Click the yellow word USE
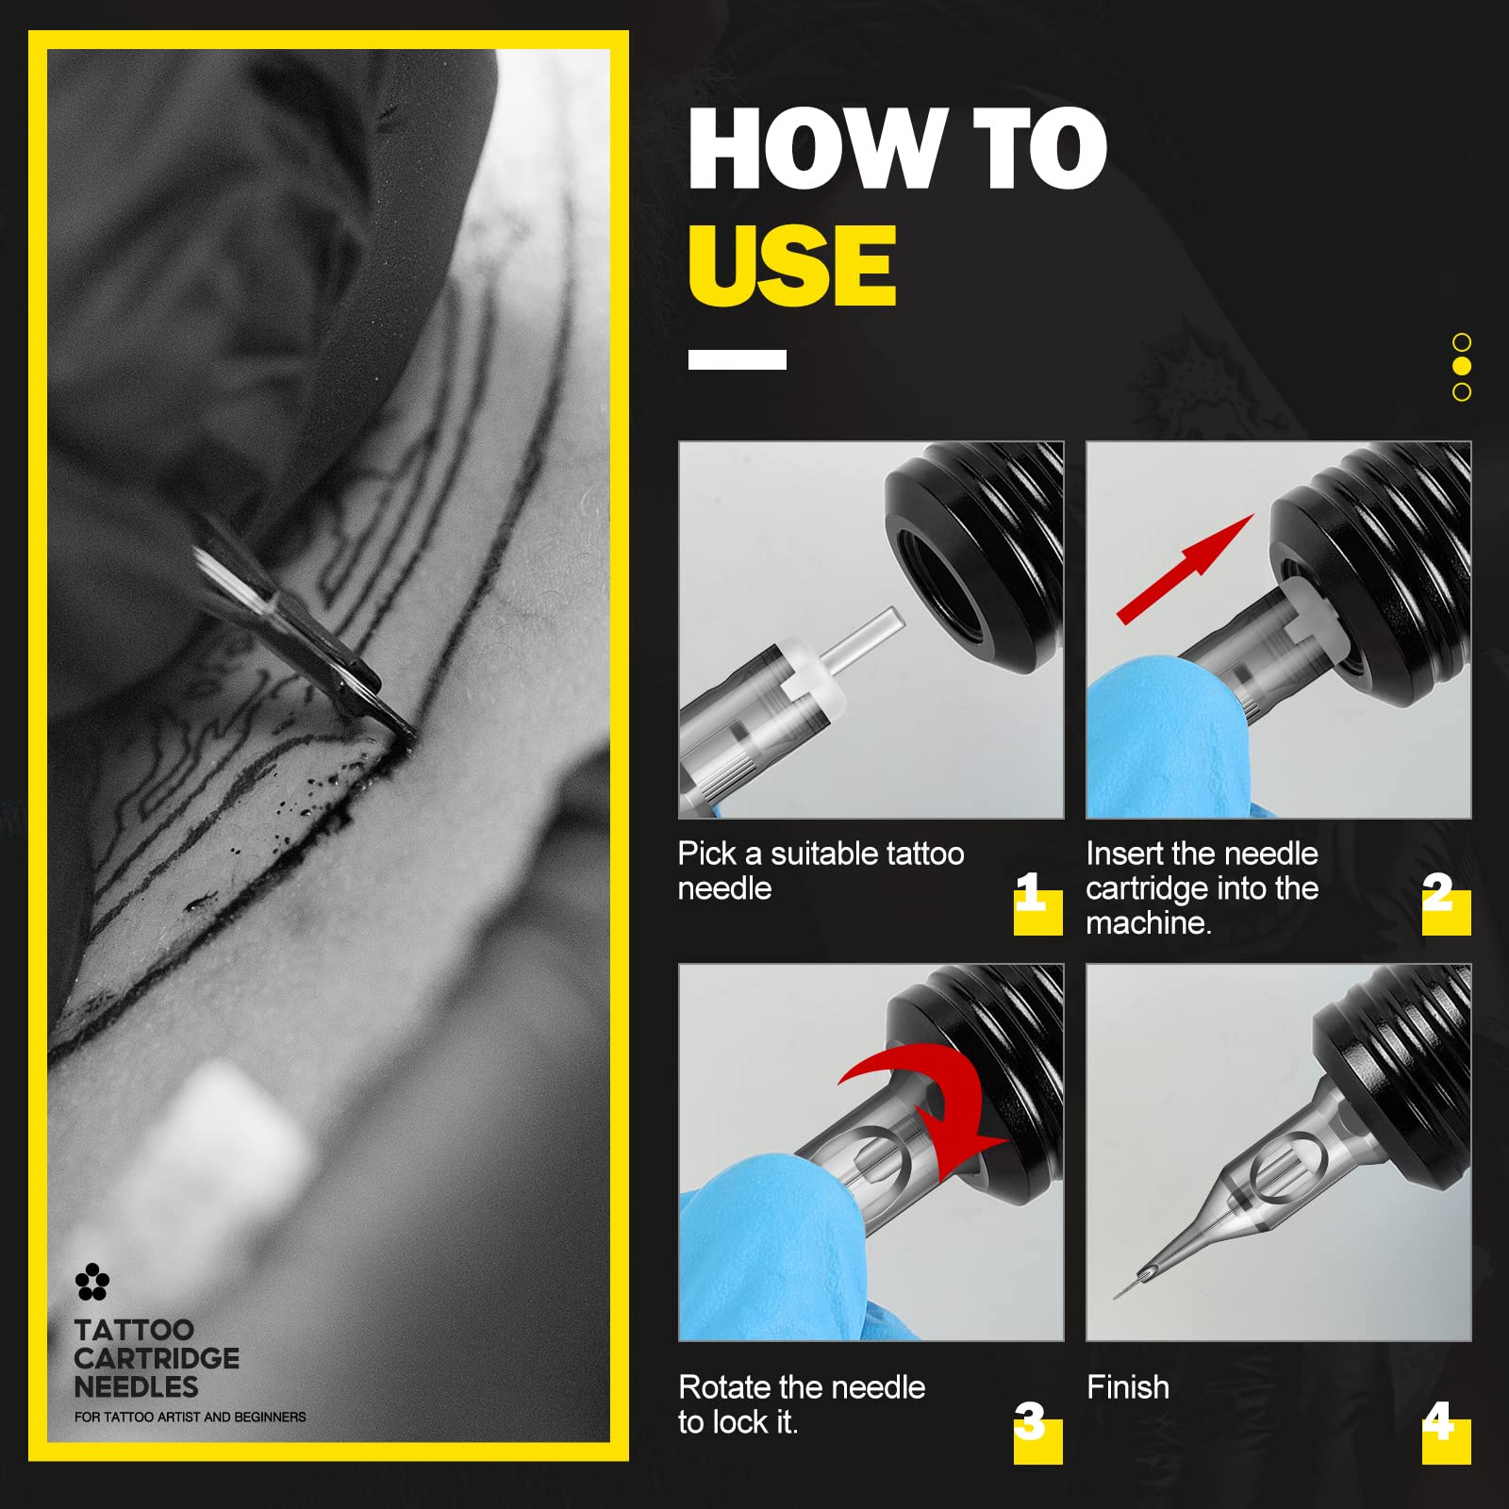792,265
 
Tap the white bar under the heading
737,359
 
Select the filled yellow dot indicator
1462,366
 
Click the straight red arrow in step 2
1186,569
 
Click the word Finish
1128,1387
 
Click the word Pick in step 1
707,854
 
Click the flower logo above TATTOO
92,1282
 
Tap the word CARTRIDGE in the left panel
157,1358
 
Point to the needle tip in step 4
1116,1298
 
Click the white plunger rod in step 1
864,638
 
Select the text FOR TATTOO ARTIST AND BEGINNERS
191,1417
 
